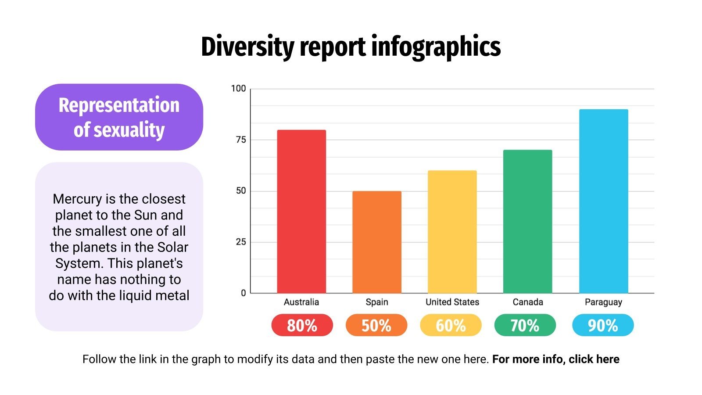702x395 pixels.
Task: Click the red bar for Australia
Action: pos(301,212)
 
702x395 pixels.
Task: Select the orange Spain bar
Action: pos(377,242)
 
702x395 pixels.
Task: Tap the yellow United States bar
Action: pos(452,232)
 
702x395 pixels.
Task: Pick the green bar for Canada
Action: pos(527,222)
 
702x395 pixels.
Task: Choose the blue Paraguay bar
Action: pos(603,201)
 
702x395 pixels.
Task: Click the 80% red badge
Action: pos(302,325)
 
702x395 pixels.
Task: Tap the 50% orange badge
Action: pos(376,325)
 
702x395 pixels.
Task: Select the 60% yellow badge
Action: pos(451,325)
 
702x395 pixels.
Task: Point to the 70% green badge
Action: pos(525,325)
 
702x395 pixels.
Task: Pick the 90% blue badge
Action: pos(603,325)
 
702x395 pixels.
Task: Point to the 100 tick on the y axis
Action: pos(238,89)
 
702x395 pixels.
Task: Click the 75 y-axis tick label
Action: pos(240,140)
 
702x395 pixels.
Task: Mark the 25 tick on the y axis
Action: pos(240,242)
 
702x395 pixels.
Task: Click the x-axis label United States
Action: pos(452,302)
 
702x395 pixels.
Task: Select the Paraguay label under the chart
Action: pos(603,302)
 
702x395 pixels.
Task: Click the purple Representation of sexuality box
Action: pos(119,117)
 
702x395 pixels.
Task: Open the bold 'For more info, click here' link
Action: pos(555,359)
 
